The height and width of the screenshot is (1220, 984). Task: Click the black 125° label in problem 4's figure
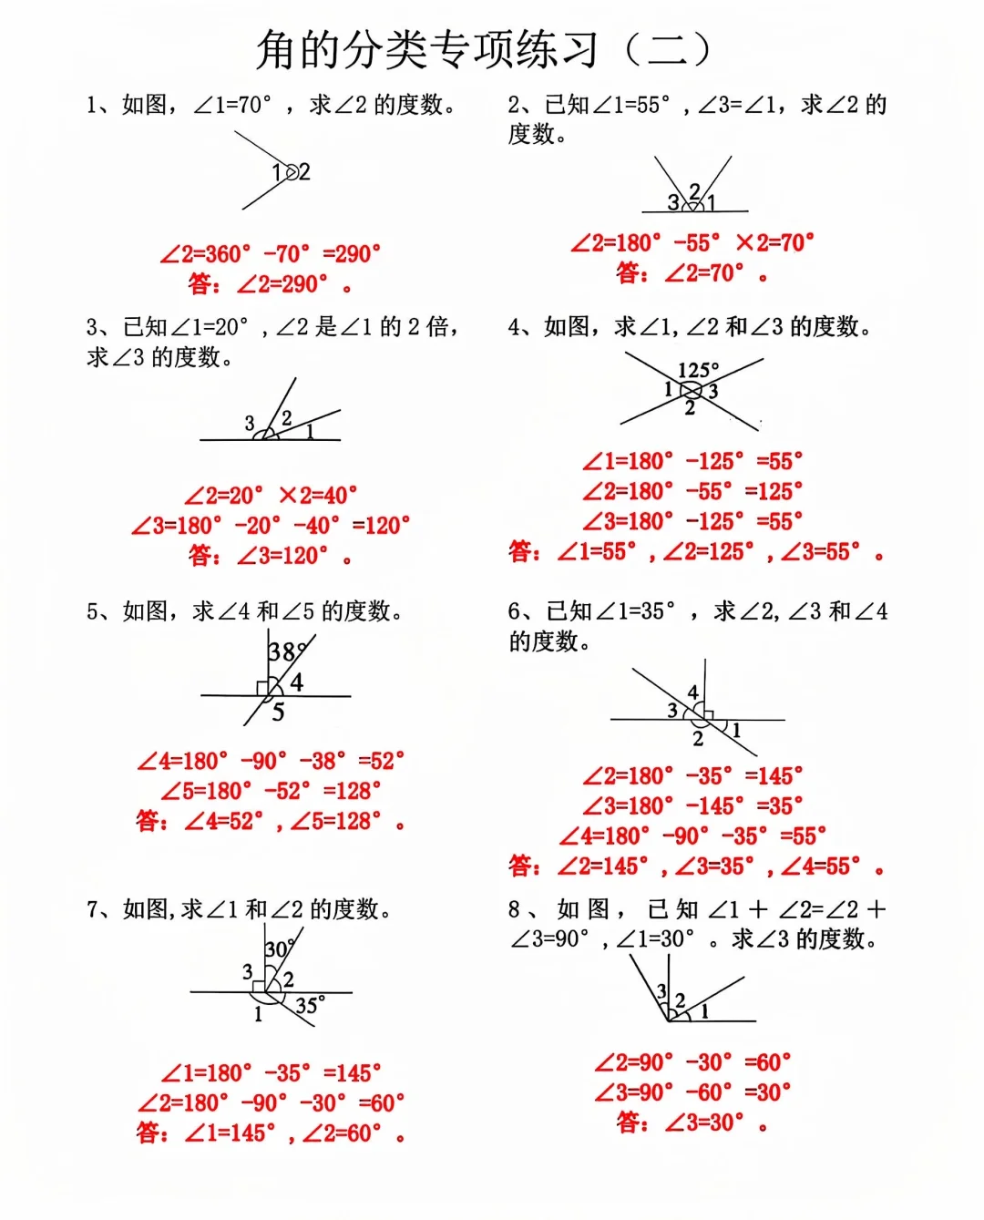698,370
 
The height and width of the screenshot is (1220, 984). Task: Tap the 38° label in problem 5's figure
284,651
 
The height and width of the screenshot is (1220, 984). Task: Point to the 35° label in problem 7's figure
310,1006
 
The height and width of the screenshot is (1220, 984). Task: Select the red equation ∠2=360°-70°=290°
270,254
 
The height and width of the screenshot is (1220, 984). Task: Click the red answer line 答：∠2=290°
270,284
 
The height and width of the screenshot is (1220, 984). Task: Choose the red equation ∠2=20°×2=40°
270,496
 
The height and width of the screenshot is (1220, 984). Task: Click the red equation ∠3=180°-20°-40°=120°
270,526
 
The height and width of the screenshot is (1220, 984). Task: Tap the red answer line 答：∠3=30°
692,1123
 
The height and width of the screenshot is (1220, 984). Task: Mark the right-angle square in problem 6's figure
708,715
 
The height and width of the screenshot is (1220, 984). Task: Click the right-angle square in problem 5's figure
262,688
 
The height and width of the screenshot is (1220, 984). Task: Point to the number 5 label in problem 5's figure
278,713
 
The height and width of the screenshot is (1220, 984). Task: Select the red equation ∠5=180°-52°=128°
270,791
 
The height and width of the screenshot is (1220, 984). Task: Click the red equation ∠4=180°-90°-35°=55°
692,836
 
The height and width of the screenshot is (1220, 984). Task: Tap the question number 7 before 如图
92,909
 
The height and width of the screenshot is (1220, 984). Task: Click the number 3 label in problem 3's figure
250,424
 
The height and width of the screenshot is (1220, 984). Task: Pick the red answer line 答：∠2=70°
692,272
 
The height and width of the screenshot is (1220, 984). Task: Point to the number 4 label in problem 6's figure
693,692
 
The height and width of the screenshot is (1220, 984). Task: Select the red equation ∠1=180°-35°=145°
270,1073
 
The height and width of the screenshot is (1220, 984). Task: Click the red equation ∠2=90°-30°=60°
692,1062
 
